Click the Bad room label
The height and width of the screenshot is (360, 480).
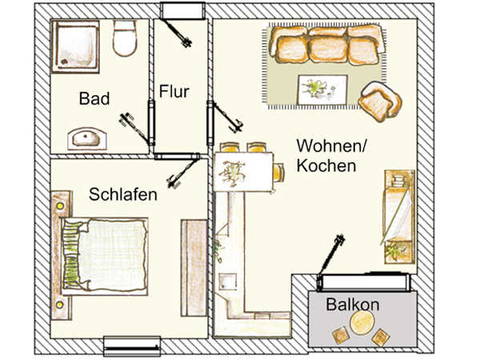tap(94, 98)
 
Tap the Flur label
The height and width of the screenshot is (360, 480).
tap(174, 91)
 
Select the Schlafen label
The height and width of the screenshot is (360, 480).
tap(123, 194)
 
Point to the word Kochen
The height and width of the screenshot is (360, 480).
tap(326, 166)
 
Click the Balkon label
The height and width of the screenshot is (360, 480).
tap(353, 304)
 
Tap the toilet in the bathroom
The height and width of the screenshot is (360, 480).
tap(124, 38)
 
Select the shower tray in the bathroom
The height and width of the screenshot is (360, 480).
tap(75, 46)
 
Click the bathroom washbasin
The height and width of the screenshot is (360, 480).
tap(87, 139)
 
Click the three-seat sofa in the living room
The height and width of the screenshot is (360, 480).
tap(327, 45)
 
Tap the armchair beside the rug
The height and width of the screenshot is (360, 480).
tap(381, 101)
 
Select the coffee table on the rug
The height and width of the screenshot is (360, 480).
tap(322, 90)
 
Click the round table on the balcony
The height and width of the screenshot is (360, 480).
tap(362, 323)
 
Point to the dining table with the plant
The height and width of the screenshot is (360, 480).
tap(244, 172)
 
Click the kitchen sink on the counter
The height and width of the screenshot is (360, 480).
tap(228, 282)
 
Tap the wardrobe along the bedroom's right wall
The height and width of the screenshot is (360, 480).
tap(194, 268)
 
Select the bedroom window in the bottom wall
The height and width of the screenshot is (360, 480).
tap(132, 346)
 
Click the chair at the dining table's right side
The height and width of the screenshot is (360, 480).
tap(278, 173)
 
